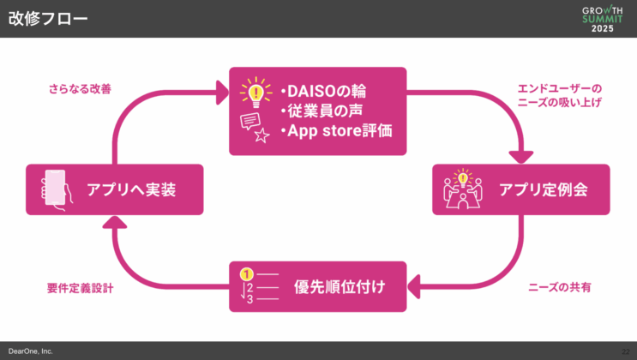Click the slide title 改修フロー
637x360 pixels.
pyautogui.click(x=48, y=19)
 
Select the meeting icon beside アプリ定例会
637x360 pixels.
pyautogui.click(x=462, y=189)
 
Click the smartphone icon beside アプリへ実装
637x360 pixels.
pyautogui.click(x=55, y=189)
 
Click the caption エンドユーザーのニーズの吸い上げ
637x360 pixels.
pyautogui.click(x=560, y=95)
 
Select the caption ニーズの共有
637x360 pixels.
pyautogui.click(x=559, y=288)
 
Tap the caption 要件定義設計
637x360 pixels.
pyautogui.click(x=80, y=288)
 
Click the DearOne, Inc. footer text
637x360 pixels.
pyautogui.click(x=31, y=351)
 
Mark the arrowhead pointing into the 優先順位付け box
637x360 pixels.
pyautogui.click(x=414, y=285)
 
